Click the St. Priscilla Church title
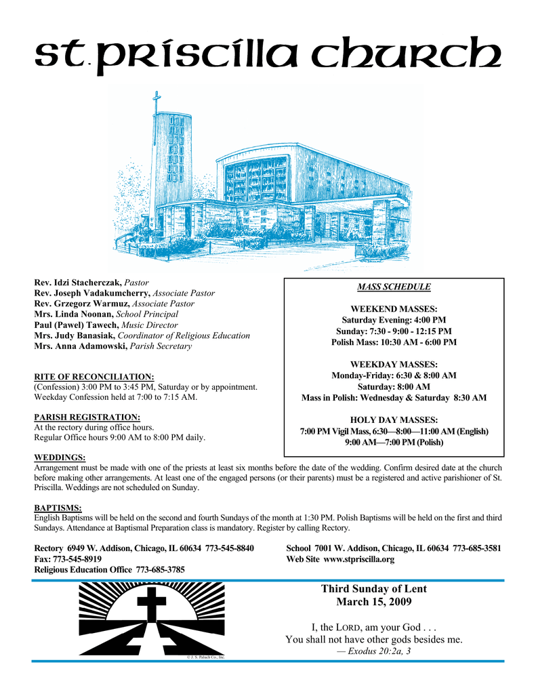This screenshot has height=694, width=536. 268,54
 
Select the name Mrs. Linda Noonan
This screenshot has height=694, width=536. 74,314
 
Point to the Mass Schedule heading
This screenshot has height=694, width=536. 394,287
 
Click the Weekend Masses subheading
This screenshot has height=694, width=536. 394,308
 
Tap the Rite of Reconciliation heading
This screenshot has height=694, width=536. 94,376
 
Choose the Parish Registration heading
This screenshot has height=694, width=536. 87,417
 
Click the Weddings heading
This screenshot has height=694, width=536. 60,457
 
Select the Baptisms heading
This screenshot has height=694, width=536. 58,508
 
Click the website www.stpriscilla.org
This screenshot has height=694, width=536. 358,559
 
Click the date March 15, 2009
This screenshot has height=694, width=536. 373,602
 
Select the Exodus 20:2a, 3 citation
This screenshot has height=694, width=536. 374,651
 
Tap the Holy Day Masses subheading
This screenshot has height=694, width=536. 394,420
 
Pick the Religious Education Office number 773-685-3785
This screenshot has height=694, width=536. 161,570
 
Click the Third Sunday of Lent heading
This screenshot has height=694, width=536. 373,589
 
